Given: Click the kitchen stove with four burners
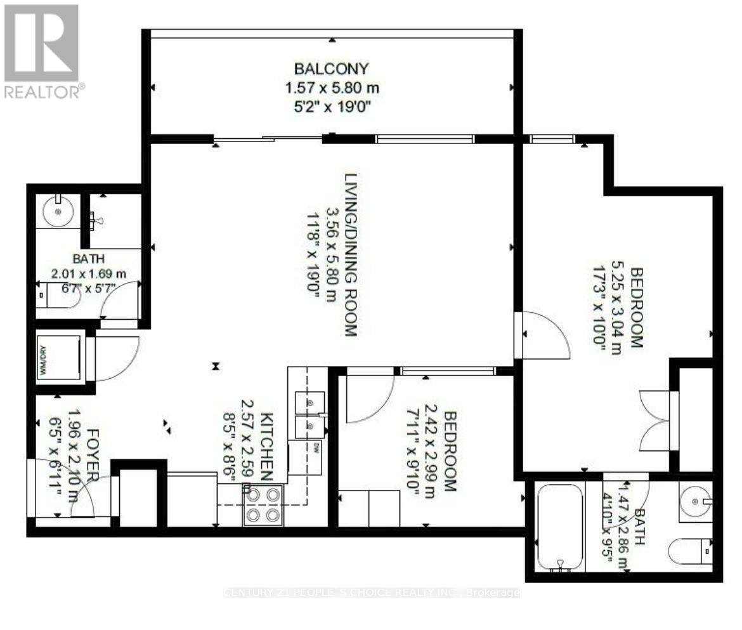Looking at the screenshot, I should coord(263,504).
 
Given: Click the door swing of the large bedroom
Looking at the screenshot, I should coord(544,336).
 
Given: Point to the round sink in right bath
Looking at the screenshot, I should coord(695,501).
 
